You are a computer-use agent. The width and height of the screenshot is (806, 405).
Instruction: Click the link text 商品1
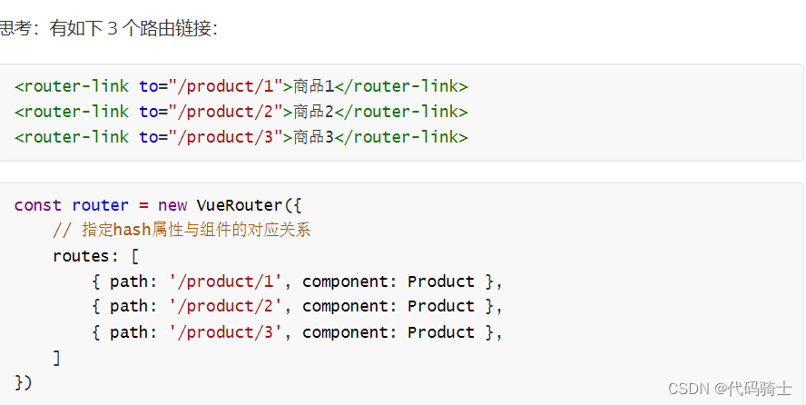pos(314,87)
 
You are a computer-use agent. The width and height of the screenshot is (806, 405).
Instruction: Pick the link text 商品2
pos(314,112)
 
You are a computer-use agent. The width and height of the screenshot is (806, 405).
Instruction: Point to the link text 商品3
pos(314,137)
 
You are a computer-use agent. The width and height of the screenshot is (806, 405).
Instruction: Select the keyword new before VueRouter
pos(172,205)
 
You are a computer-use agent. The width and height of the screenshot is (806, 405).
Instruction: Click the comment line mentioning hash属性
pos(182,231)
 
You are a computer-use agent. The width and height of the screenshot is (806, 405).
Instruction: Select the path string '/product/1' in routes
pos(226,282)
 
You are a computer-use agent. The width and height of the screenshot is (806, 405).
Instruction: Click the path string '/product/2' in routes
pos(226,306)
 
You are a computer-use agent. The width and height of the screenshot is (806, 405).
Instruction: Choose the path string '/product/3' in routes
pos(226,332)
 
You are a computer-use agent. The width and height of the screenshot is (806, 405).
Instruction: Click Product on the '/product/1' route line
pos(441,282)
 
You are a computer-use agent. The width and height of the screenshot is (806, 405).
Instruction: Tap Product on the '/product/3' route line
pos(441,332)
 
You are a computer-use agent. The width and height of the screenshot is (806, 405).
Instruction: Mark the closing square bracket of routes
pos(57,358)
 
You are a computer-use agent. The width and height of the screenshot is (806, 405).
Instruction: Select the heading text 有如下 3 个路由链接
pos(133,29)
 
